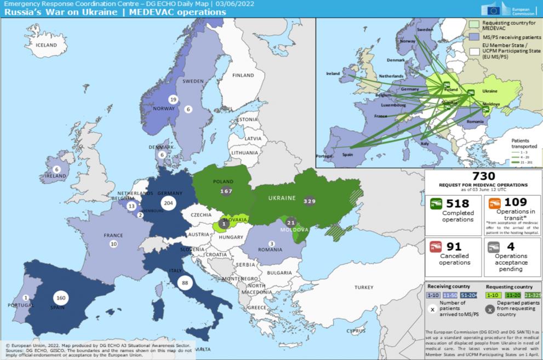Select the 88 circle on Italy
[185, 282]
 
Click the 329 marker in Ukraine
[310, 201]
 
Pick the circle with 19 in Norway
[173, 99]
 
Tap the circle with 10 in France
[113, 243]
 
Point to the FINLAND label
[243, 75]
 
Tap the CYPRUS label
[356, 331]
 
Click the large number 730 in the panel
[480, 176]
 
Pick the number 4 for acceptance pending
[510, 246]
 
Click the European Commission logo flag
[490, 9]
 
